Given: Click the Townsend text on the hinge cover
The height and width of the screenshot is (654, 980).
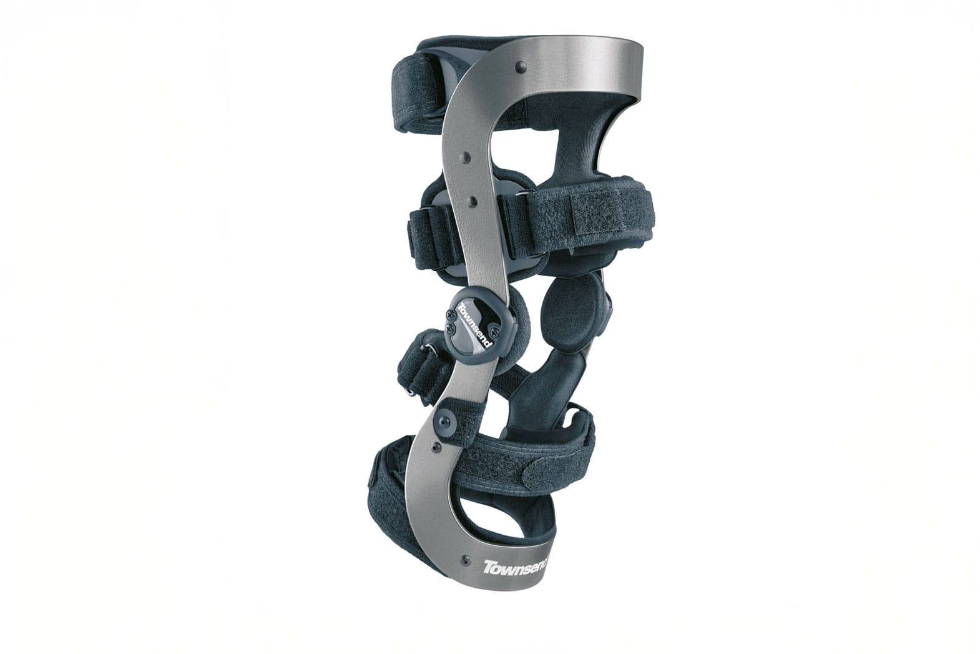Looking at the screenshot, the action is click(475, 325).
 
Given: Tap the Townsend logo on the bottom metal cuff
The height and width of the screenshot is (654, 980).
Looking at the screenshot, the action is click(516, 567).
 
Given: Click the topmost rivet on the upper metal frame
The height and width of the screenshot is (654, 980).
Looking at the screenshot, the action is click(520, 67).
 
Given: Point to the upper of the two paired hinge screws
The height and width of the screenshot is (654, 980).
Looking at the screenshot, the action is click(451, 314).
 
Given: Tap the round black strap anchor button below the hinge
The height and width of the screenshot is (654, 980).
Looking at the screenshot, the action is click(445, 421).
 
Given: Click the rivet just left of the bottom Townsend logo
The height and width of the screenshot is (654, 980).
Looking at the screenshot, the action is click(466, 560).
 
